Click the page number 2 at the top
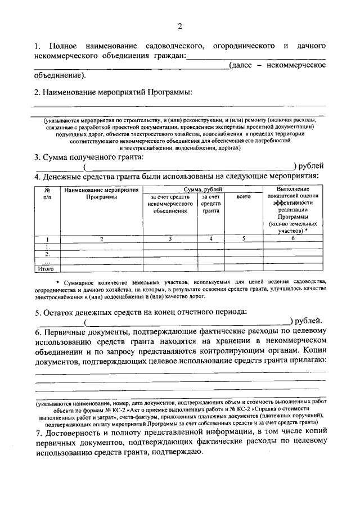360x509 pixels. (180, 26)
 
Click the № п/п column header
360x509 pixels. (48, 194)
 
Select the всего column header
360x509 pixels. (243, 197)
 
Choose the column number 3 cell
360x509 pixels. (170, 239)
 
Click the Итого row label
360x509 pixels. (46, 269)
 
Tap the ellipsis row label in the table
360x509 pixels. (48, 262)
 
